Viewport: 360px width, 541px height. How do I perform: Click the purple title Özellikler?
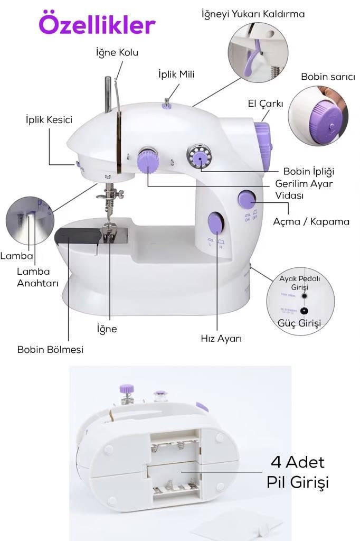tap(97, 24)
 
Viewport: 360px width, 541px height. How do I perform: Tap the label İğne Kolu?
tap(117, 52)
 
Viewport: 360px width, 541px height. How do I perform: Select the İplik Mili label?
tap(176, 74)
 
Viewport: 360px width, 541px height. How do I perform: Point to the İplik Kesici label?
tap(49, 119)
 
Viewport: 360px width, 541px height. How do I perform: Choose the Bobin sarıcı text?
tap(328, 77)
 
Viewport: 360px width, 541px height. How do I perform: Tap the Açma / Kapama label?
tap(311, 221)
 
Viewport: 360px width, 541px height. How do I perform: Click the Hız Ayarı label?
tap(221, 338)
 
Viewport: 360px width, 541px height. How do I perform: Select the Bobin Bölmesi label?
tap(50, 349)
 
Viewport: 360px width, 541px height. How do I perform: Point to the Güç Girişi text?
tap(299, 323)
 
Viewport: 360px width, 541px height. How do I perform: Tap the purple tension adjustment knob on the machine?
tap(147, 161)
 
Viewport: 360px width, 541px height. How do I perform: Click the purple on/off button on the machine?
tap(247, 199)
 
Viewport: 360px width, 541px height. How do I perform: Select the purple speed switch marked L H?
tap(215, 224)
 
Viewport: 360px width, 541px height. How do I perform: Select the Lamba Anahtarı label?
tap(33, 276)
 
